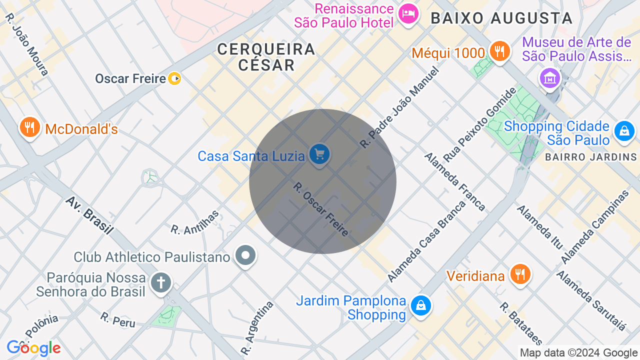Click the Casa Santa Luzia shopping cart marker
pyautogui.click(x=319, y=154)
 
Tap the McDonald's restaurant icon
pyautogui.click(x=29, y=128)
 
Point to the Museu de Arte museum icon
pyautogui.click(x=549, y=78)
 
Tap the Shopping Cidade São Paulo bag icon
pyautogui.click(x=623, y=131)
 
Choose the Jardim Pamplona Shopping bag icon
pyautogui.click(x=420, y=305)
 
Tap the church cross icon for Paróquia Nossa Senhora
pyautogui.click(x=161, y=282)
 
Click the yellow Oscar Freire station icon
pyautogui.click(x=174, y=78)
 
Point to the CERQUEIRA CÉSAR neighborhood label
pyautogui.click(x=266, y=56)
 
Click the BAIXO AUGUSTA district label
pyautogui.click(x=501, y=18)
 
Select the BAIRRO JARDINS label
pyautogui.click(x=590, y=157)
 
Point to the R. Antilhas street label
pyautogui.click(x=195, y=222)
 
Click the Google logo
pyautogui.click(x=33, y=348)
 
